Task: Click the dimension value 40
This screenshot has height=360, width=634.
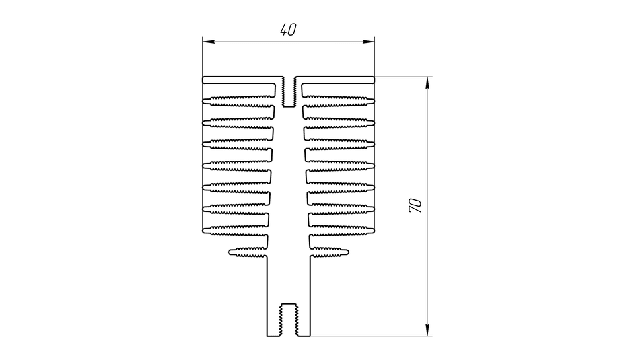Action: (x=289, y=30)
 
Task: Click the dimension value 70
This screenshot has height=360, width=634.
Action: (x=415, y=205)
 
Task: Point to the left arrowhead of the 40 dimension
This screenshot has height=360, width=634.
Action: (x=208, y=42)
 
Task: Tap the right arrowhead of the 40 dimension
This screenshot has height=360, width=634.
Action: (x=369, y=42)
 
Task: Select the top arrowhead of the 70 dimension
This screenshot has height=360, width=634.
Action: (x=428, y=82)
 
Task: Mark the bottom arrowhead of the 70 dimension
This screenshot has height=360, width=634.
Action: (x=428, y=330)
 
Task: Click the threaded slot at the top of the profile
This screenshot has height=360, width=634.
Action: (x=289, y=92)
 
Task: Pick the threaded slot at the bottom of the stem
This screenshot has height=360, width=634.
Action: (x=289, y=320)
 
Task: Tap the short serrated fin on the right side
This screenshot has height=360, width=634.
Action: (x=330, y=252)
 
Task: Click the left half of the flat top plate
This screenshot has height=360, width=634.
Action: (x=242, y=80)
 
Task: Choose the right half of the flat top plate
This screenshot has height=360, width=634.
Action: (x=335, y=80)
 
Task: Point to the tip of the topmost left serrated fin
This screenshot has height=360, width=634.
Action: (x=203, y=101)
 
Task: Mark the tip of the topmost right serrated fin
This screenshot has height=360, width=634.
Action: (x=374, y=101)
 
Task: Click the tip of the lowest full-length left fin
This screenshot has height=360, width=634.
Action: (x=203, y=231)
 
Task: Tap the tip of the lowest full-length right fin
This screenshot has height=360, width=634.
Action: (x=374, y=231)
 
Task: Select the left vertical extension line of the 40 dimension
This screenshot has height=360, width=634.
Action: (x=203, y=57)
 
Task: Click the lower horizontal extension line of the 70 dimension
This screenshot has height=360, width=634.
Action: (x=371, y=336)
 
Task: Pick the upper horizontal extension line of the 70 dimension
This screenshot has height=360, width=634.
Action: (x=404, y=77)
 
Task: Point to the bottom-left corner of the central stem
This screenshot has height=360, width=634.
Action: (x=267, y=336)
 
